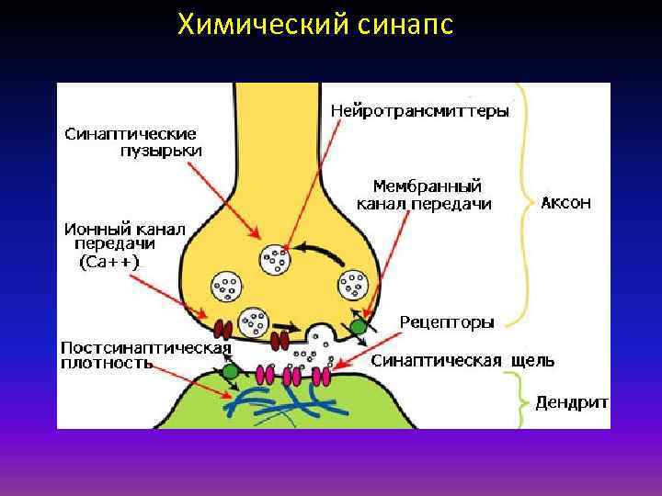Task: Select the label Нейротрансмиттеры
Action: click(419, 110)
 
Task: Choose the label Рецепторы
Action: click(447, 321)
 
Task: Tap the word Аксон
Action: click(565, 203)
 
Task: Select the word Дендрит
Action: click(576, 402)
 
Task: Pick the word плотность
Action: click(107, 363)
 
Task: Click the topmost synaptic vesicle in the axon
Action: click(275, 260)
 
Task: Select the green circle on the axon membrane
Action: click(359, 326)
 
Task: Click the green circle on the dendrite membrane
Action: click(231, 370)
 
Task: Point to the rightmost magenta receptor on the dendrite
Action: click(324, 376)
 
